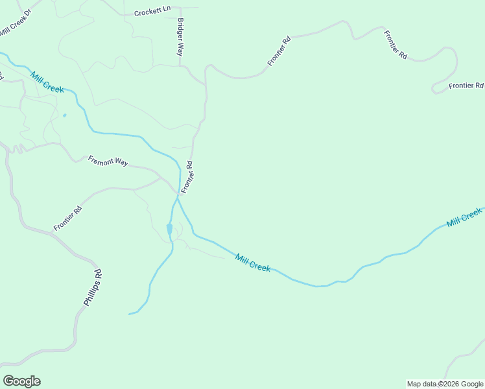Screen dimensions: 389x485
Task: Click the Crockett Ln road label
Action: pyautogui.click(x=152, y=12)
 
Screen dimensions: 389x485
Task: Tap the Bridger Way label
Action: pyautogui.click(x=180, y=37)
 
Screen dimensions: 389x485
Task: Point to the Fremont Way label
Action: pyautogui.click(x=108, y=161)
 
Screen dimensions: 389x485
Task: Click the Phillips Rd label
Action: pyautogui.click(x=93, y=288)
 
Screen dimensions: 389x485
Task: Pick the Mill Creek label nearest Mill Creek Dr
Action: pyautogui.click(x=47, y=82)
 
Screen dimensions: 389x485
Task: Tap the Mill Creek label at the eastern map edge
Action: pyautogui.click(x=464, y=218)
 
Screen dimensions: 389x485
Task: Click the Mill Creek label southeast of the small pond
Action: pyautogui.click(x=253, y=263)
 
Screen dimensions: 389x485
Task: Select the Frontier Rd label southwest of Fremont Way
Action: pyautogui.click(x=67, y=218)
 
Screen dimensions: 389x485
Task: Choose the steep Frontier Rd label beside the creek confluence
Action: pyautogui.click(x=187, y=178)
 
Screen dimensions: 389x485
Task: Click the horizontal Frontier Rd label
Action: pyautogui.click(x=466, y=86)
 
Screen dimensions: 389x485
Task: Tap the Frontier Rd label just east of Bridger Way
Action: pyautogui.click(x=279, y=51)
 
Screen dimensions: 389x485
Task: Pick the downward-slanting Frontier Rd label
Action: pyautogui.click(x=395, y=45)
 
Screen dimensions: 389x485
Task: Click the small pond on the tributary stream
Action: pyautogui.click(x=169, y=229)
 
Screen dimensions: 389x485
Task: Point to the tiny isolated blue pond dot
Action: pyautogui.click(x=64, y=115)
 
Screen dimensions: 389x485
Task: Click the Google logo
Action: pyautogui.click(x=21, y=381)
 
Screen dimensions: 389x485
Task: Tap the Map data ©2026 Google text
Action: pyautogui.click(x=445, y=384)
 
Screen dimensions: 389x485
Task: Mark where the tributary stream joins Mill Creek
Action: pyautogui.click(x=178, y=198)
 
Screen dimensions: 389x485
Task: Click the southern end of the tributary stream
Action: pyautogui.click(x=130, y=314)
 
